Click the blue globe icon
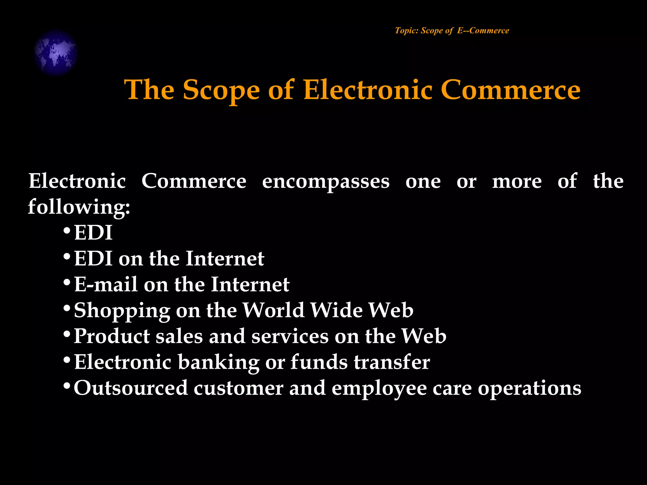(x=56, y=53)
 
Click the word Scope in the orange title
(x=221, y=90)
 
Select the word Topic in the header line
(x=406, y=31)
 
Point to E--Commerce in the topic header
(x=483, y=31)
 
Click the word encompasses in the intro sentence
(x=326, y=182)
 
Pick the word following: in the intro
(x=79, y=207)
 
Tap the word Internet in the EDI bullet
(x=225, y=259)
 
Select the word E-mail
(x=106, y=284)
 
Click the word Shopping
(x=122, y=311)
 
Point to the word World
(x=274, y=310)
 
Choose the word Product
(x=112, y=336)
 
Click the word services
(x=290, y=336)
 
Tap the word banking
(x=218, y=362)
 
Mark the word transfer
(x=392, y=362)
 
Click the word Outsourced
(x=131, y=388)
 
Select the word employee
(x=379, y=388)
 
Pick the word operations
(x=529, y=388)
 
